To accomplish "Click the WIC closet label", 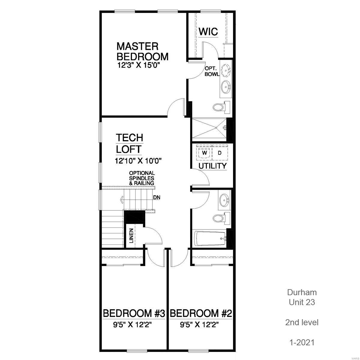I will tap(208, 31).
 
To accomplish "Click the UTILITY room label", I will tap(212, 166).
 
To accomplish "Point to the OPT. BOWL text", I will tap(211, 71).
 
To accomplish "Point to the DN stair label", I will tap(156, 198).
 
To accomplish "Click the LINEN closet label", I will tap(131, 235).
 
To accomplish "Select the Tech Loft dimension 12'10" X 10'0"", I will tap(138, 161).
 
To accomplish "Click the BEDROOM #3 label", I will tap(134, 314).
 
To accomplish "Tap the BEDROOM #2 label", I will tap(201, 314).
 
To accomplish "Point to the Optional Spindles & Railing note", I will tap(142, 178).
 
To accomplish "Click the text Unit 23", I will tap(301, 302).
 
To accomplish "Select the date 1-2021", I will tap(301, 342).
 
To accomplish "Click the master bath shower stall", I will tap(209, 129).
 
